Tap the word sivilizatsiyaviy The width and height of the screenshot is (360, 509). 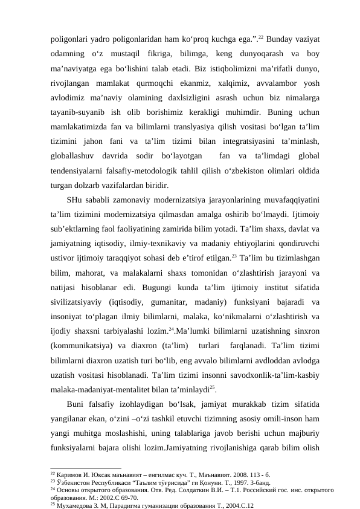click(x=77, y=302)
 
